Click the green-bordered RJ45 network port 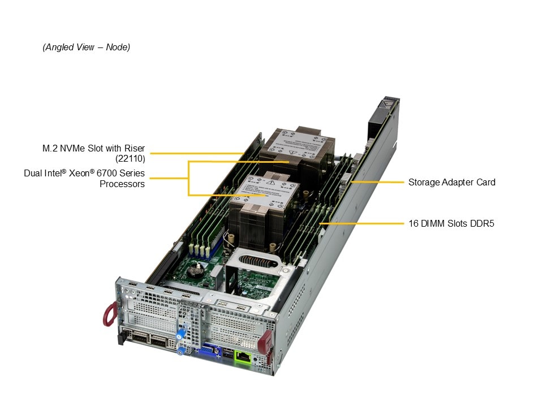[x=243, y=356]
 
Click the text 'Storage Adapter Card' [x=451, y=182]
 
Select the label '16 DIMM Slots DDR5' [x=451, y=223]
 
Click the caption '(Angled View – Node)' [x=86, y=47]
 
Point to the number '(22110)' [x=130, y=159]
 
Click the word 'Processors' [x=122, y=184]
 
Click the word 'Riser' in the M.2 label [x=134, y=148]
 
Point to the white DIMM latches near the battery [x=202, y=249]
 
